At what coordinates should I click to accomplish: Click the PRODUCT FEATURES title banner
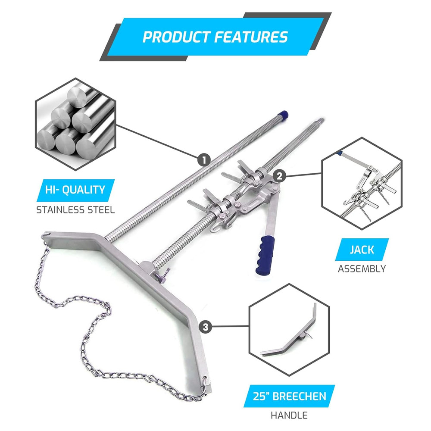coord(215,37)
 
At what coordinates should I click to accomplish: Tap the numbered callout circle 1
coord(204,160)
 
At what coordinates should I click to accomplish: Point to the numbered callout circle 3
coord(205,327)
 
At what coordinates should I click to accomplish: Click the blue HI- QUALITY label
coord(76,190)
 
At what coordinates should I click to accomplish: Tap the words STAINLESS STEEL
coord(75,210)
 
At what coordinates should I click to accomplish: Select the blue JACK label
coord(362,249)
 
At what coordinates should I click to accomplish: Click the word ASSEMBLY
coord(362,269)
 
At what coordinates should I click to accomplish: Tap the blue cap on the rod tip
coord(283,115)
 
